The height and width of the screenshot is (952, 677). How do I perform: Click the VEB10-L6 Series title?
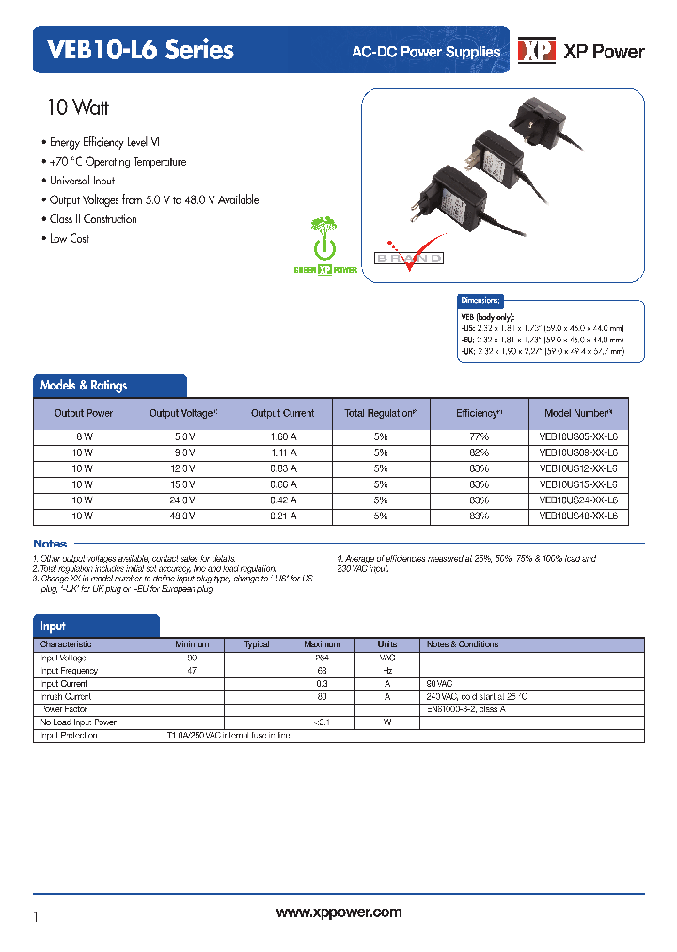134,50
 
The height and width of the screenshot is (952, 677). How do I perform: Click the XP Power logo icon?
537,52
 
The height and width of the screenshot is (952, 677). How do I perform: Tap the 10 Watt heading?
78,107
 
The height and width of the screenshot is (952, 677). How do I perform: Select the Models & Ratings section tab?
84,386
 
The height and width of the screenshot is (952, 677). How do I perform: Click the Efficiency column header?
479,413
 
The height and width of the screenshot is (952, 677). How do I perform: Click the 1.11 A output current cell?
282,452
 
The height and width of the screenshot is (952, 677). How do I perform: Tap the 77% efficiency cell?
479,436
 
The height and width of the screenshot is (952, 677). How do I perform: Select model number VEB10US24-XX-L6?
578,500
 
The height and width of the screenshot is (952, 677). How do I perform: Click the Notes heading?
50,544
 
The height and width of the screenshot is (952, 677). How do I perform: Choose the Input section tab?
53,627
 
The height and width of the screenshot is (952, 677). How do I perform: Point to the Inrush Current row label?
65,697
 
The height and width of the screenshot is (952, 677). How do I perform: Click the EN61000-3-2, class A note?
465,709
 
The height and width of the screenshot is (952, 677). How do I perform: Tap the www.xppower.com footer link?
338,912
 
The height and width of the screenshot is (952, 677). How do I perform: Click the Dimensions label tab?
480,301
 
